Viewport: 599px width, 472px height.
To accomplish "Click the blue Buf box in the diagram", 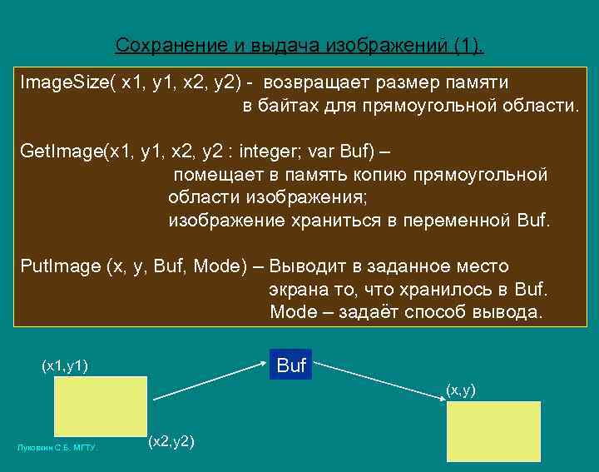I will pyautogui.click(x=291, y=365).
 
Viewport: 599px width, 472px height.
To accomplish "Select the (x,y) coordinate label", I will pyautogui.click(x=461, y=390).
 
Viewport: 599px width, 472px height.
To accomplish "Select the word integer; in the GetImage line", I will pyautogui.click(x=272, y=153).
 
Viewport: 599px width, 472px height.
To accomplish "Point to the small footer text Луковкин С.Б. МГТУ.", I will pyautogui.click(x=57, y=448).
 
